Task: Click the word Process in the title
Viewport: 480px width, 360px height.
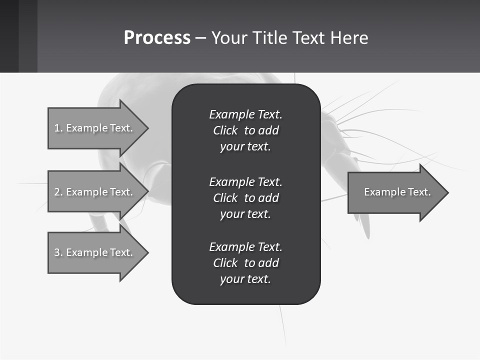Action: click(157, 38)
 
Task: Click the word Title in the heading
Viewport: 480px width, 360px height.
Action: click(270, 38)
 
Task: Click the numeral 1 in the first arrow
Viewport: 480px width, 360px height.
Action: click(56, 128)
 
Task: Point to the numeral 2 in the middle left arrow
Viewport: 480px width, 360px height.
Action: click(56, 192)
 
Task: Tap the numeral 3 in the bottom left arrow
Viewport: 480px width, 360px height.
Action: click(56, 252)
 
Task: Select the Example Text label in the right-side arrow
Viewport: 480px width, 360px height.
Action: click(397, 192)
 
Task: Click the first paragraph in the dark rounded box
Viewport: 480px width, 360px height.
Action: click(245, 130)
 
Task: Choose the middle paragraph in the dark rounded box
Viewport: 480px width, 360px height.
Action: click(245, 197)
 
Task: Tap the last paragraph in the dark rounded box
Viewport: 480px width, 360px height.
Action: click(245, 263)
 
